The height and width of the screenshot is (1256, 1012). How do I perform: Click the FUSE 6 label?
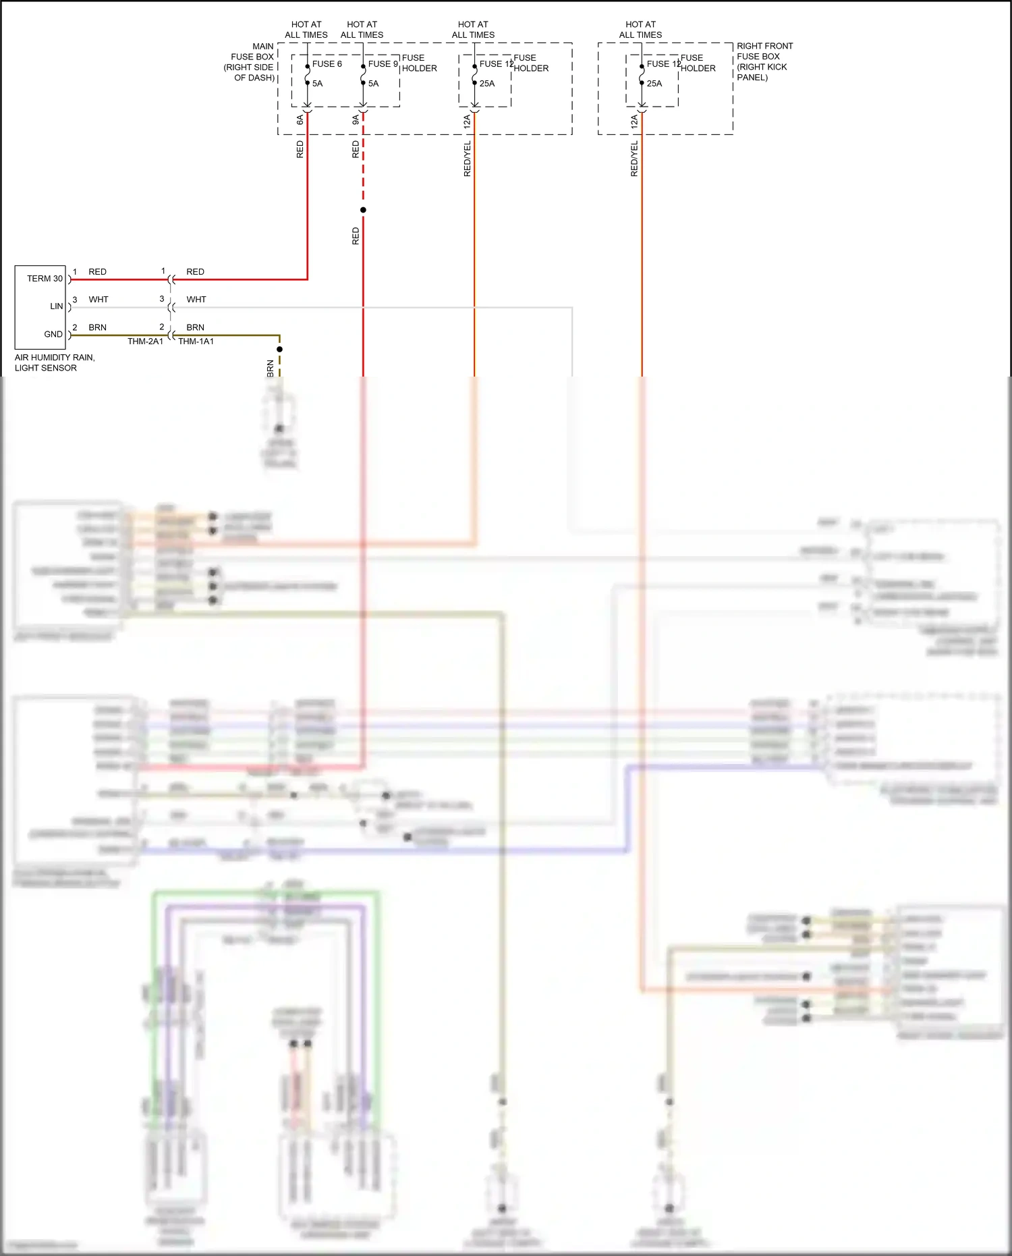point(327,64)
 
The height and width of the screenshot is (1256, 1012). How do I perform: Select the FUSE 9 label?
point(383,64)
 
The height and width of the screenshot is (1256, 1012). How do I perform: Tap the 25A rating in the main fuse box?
point(487,84)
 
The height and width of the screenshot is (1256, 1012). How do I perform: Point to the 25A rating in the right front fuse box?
point(654,84)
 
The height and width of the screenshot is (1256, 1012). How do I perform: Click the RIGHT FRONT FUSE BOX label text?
point(764,61)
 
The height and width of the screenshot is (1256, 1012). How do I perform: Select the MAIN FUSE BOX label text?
point(251,62)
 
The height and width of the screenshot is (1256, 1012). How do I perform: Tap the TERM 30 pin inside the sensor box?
point(45,279)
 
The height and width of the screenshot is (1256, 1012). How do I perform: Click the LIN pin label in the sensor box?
point(57,306)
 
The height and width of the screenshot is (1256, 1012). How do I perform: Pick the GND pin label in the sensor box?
point(53,334)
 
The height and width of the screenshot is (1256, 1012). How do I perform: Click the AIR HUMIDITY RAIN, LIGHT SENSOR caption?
point(54,362)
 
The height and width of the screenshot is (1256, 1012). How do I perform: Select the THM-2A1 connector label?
point(145,342)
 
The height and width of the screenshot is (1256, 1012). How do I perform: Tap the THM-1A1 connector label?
point(196,342)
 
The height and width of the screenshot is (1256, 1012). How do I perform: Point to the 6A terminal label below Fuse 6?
point(300,120)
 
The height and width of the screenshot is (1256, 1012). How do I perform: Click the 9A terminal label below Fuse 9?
point(356,120)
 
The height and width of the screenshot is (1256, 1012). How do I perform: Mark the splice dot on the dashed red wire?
point(363,210)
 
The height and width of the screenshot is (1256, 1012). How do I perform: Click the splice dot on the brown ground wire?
point(279,349)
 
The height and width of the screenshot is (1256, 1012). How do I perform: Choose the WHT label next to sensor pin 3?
point(99,300)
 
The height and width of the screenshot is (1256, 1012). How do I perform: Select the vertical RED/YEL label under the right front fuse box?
point(634,159)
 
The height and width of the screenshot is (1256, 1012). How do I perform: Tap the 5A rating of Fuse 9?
point(373,84)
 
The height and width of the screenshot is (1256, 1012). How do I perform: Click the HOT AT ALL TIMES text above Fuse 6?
point(306,30)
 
